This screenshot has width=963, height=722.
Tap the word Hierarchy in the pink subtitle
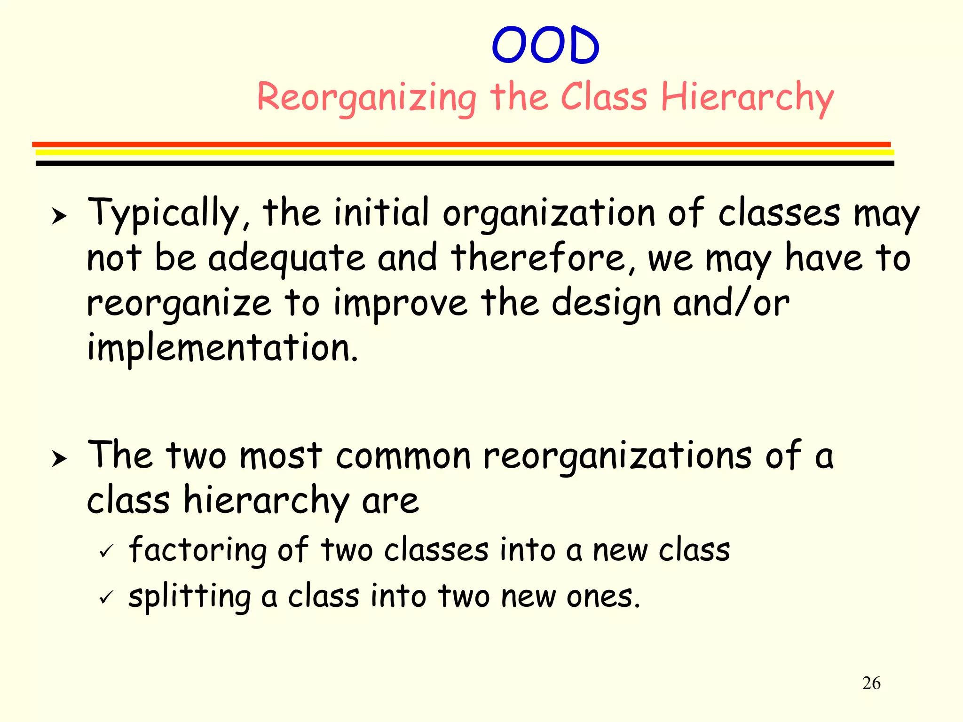click(747, 98)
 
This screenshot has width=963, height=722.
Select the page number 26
click(871, 683)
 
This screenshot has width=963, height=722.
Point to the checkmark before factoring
click(106, 551)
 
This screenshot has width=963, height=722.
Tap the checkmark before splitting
click(106, 597)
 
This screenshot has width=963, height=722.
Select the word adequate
click(286, 259)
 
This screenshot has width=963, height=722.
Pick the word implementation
click(222, 348)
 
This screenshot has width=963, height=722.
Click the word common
click(403, 456)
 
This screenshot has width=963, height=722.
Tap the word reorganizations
click(617, 456)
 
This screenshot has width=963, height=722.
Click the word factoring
click(197, 550)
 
